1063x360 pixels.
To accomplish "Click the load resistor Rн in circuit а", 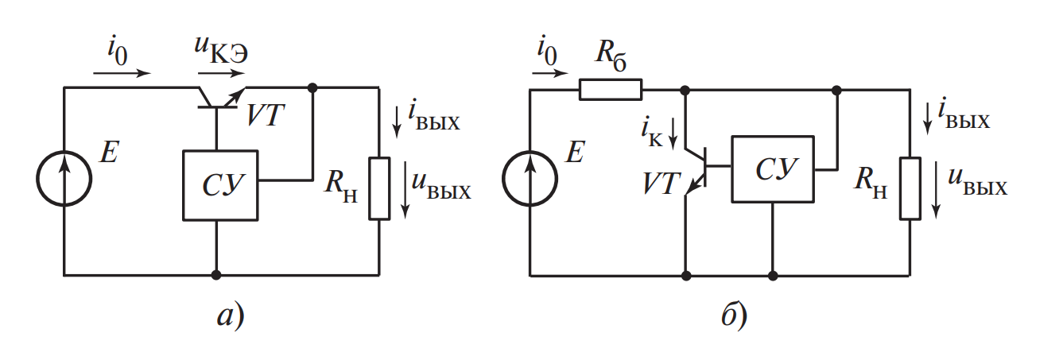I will coord(378,188).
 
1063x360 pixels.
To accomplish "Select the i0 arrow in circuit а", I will coord(121,73).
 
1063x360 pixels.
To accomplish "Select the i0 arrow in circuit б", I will coord(549,73).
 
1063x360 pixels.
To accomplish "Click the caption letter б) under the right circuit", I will coord(732,315).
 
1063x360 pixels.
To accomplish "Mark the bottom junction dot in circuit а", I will coord(215,276).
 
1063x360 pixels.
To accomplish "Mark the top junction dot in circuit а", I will coord(313,87).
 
